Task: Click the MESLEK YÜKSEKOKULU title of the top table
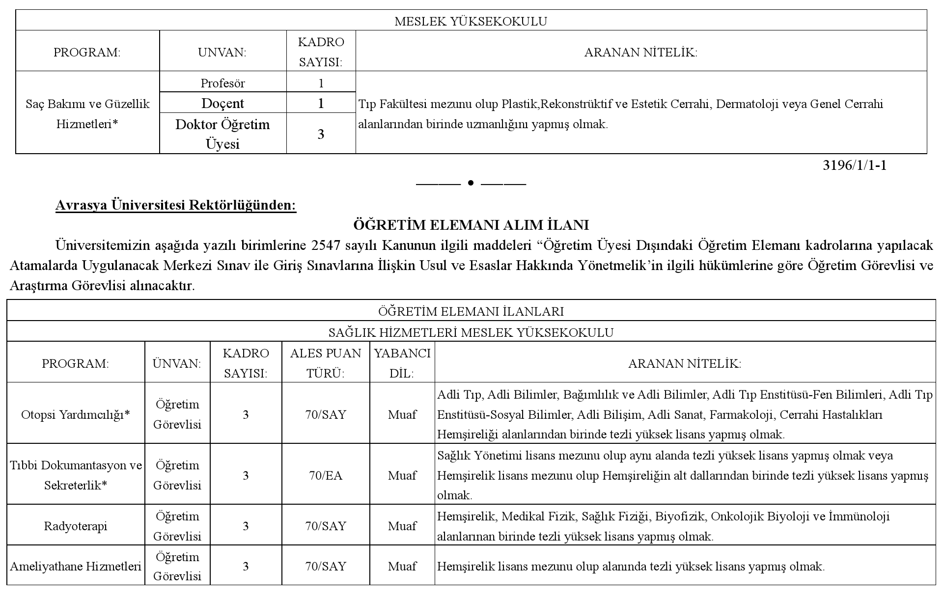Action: tap(471, 21)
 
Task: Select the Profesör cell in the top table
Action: tap(222, 83)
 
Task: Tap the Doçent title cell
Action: tap(222, 103)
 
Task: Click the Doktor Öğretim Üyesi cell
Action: tap(222, 134)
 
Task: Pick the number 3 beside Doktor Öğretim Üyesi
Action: tap(321, 134)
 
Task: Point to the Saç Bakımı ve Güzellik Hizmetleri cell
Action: tap(87, 113)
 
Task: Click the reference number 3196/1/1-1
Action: tap(855, 165)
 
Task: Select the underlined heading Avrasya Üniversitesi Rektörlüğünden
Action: tap(176, 205)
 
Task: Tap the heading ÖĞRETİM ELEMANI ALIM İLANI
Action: tap(471, 225)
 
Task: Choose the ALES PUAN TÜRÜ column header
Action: tap(325, 363)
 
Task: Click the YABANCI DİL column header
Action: tap(402, 363)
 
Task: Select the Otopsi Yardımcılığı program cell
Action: tap(76, 414)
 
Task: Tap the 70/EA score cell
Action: tap(325, 475)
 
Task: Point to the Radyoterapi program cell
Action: tap(76, 526)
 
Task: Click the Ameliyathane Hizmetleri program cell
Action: tap(76, 566)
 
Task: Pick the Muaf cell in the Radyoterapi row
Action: tap(402, 526)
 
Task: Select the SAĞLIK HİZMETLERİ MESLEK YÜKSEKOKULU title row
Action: tap(471, 332)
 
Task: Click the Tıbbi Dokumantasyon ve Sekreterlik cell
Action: tap(76, 475)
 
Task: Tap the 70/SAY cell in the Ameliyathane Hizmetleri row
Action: tap(325, 566)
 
